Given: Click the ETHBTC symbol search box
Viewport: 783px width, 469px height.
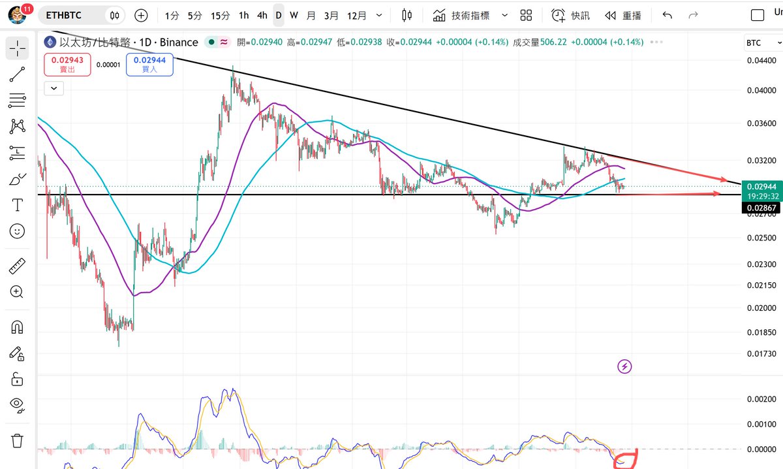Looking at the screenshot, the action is point(63,16).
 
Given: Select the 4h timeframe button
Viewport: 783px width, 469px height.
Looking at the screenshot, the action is point(262,16).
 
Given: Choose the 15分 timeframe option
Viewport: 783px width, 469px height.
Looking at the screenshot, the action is point(221,16).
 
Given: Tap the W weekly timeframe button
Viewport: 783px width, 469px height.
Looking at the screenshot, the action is point(294,16).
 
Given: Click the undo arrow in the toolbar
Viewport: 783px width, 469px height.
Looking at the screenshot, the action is point(667,16).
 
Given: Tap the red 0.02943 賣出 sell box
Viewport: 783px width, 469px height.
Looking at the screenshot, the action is point(67,65).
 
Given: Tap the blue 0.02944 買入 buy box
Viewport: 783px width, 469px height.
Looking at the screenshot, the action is point(149,65).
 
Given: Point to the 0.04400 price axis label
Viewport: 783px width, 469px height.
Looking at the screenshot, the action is point(761,61).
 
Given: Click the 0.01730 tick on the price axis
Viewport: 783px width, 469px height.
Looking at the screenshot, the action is point(761,354).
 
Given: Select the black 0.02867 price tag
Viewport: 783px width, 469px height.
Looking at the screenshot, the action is point(761,208).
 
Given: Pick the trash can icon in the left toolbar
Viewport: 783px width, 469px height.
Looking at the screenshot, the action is point(17,441).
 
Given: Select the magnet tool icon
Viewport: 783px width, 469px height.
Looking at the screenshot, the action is point(17,328).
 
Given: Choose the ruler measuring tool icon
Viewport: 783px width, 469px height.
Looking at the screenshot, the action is point(17,266).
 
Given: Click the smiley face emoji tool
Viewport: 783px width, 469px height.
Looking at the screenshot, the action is point(17,231).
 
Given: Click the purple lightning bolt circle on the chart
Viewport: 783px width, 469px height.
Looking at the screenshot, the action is point(624,366).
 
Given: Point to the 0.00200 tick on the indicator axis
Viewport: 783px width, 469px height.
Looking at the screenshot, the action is point(761,399).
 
